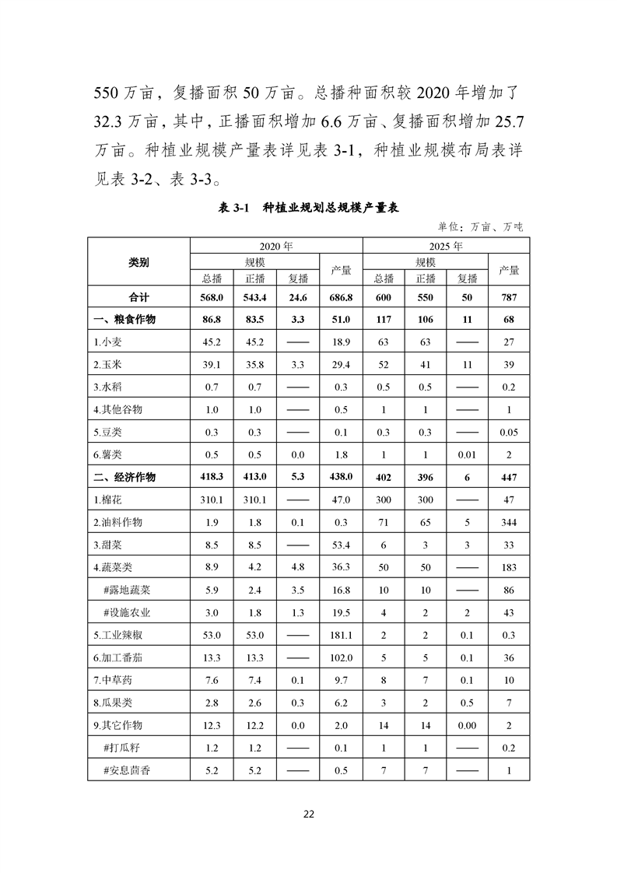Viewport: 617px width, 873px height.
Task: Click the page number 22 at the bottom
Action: click(308, 815)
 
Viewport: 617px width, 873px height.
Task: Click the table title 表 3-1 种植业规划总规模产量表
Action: click(309, 207)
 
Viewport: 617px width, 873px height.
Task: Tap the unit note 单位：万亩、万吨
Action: click(480, 226)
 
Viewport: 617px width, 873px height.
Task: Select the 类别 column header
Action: click(138, 263)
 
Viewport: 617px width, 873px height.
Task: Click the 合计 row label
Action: click(138, 296)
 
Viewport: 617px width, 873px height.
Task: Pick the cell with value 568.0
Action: click(212, 296)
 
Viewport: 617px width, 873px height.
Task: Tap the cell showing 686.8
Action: click(340, 296)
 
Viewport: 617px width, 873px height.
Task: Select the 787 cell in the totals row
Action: click(509, 296)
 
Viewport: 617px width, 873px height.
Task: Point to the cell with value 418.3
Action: click(212, 477)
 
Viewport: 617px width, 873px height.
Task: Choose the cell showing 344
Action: click(509, 522)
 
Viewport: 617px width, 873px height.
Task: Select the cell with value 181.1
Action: click(340, 635)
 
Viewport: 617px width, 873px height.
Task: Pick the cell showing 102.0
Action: click(340, 657)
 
